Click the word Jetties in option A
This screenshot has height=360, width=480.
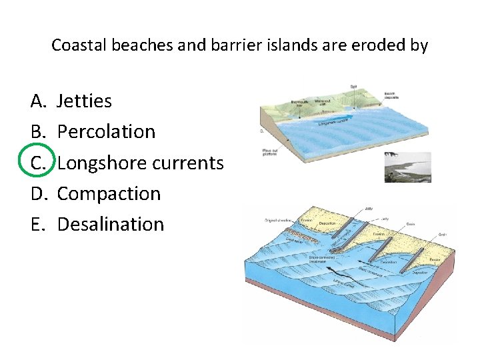click(x=84, y=101)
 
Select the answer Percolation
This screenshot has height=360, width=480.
click(x=106, y=132)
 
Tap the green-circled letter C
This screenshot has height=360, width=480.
click(x=38, y=163)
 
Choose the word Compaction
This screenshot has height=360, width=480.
click(x=109, y=193)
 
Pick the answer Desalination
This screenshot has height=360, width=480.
click(x=110, y=224)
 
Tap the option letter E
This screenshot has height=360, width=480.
click(x=37, y=224)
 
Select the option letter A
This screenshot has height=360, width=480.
click(x=38, y=101)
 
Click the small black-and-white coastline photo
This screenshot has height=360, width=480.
click(x=407, y=167)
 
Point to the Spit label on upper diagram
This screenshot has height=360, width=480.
click(x=353, y=87)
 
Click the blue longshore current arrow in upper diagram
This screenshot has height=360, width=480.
click(x=333, y=122)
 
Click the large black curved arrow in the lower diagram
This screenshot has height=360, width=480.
click(x=327, y=271)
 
